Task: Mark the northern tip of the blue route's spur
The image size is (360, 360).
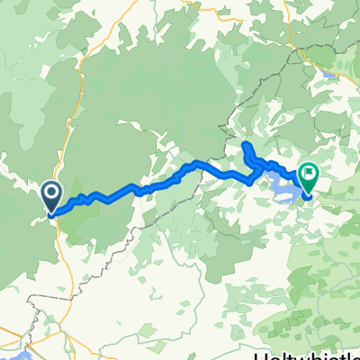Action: point(245,143)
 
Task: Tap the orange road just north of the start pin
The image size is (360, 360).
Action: point(65,153)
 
